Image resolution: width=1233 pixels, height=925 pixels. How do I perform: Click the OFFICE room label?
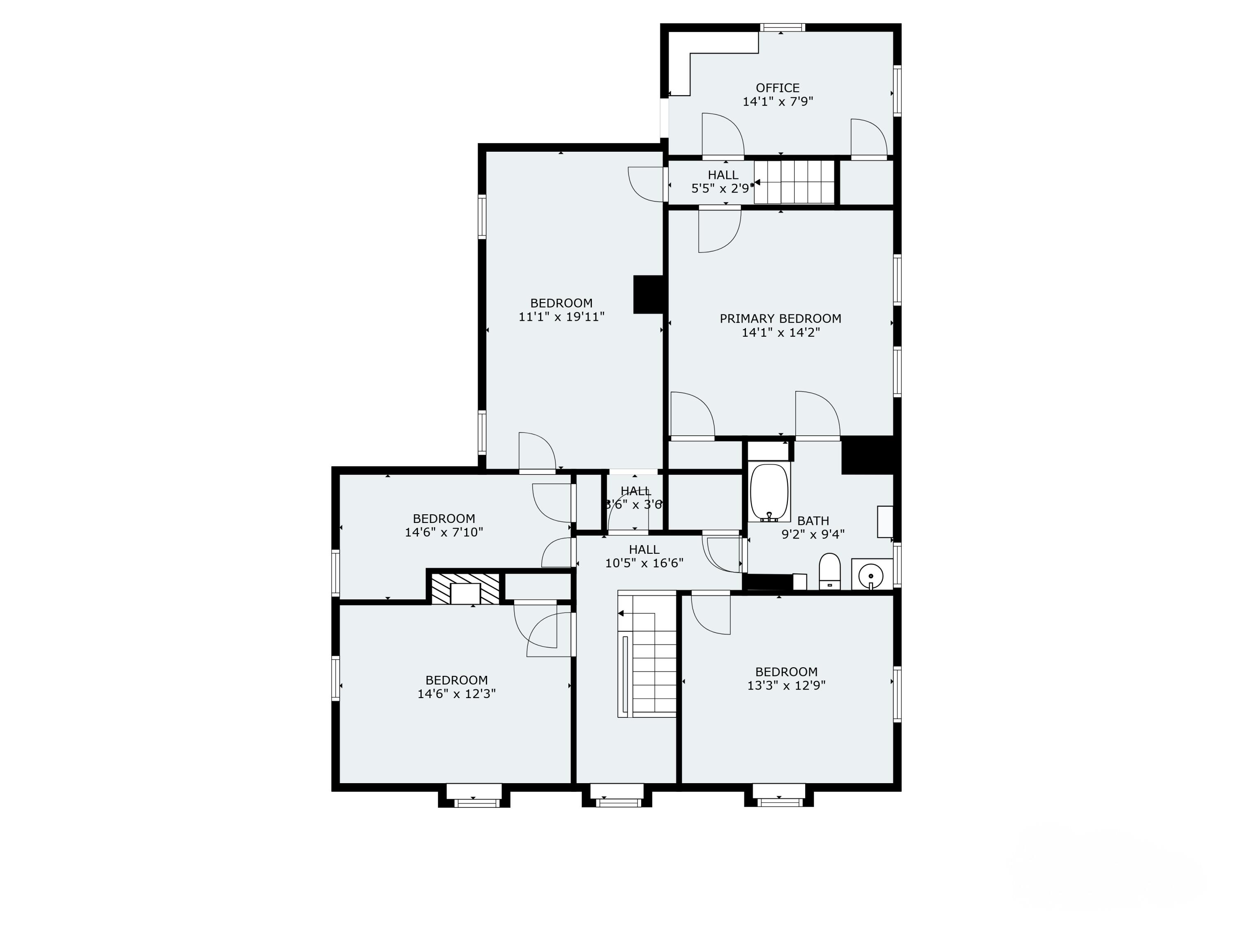[x=778, y=88]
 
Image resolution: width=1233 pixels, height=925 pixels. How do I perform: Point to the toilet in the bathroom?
[x=829, y=570]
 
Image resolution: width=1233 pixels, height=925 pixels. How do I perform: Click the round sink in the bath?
[x=870, y=574]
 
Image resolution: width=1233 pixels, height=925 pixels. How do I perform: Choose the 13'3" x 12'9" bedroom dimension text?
[x=786, y=686]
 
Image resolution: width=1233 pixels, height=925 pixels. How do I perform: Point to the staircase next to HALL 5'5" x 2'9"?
[x=794, y=182]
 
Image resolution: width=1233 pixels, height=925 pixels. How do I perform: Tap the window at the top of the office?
[x=783, y=27]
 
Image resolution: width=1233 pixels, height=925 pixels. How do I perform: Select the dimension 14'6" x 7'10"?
[x=444, y=532]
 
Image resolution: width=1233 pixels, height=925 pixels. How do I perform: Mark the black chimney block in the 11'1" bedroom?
[x=648, y=294]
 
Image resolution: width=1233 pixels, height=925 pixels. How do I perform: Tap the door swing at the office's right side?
[x=868, y=138]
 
